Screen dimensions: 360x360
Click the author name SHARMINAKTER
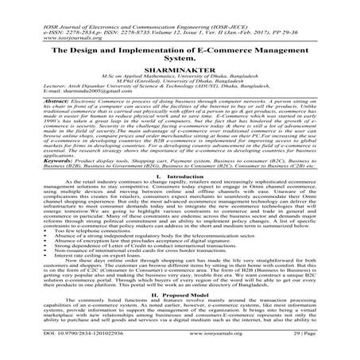(179, 59)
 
